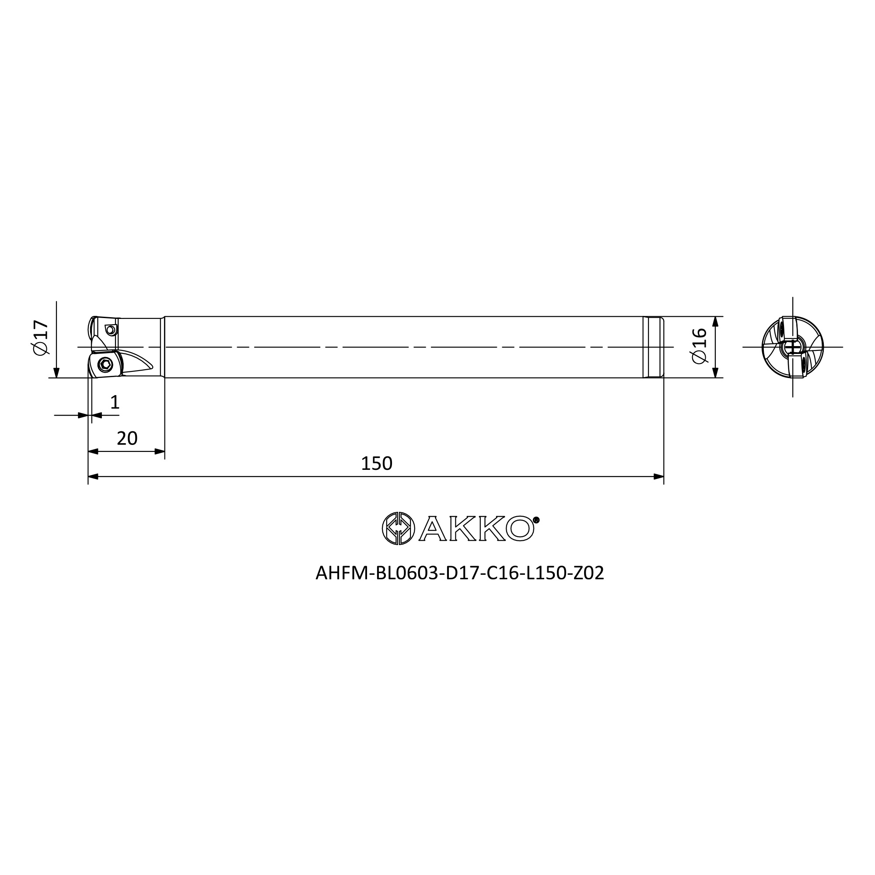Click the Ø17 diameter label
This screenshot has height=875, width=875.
pyautogui.click(x=40, y=337)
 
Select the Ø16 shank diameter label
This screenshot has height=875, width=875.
pyautogui.click(x=700, y=346)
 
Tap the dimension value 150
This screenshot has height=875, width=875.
pyautogui.click(x=376, y=463)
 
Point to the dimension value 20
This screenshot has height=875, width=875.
pyautogui.click(x=127, y=438)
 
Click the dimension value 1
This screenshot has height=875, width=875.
pyautogui.click(x=115, y=402)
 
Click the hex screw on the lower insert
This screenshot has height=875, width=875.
pyautogui.click(x=105, y=364)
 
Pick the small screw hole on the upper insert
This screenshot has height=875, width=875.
pyautogui.click(x=111, y=330)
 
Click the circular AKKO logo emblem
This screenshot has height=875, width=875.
pyautogui.click(x=398, y=528)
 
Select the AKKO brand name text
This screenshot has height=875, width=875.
pyautogui.click(x=476, y=528)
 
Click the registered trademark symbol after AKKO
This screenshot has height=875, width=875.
pyautogui.click(x=536, y=520)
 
